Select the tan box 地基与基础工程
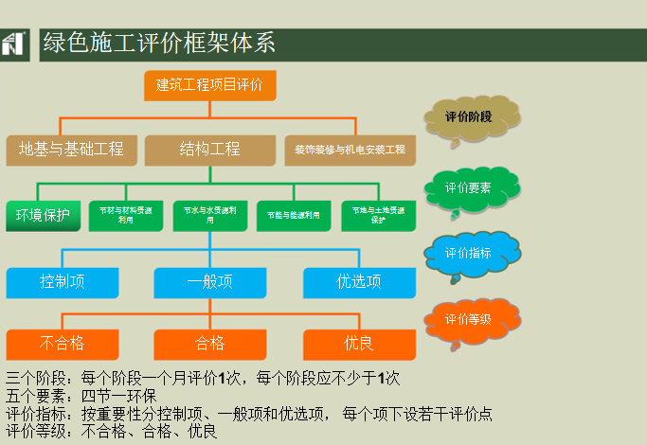[x=71, y=150]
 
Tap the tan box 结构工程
[x=209, y=150]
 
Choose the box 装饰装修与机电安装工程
[x=350, y=150]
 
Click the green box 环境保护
[x=43, y=215]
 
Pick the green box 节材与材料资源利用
[x=126, y=215]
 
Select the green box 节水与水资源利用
[x=210, y=215]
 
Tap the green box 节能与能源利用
[x=294, y=215]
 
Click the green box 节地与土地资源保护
[x=378, y=215]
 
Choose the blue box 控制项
[x=63, y=282]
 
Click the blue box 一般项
[x=209, y=282]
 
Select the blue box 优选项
[x=359, y=282]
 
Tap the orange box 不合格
[x=63, y=344]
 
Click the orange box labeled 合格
[x=209, y=344]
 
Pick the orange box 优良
[x=359, y=344]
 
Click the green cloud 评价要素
[x=470, y=187]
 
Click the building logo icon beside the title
[x=14, y=44]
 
